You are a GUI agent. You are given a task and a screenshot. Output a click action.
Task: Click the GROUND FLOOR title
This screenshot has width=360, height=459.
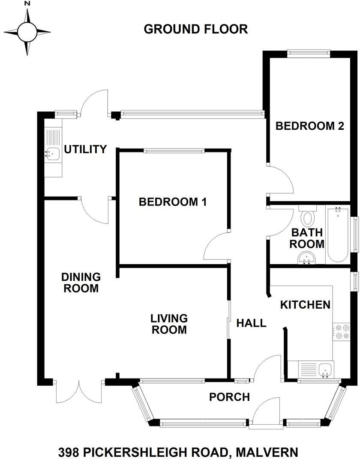(195, 29)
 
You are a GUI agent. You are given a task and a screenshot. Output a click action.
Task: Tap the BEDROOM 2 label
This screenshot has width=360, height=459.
(310, 126)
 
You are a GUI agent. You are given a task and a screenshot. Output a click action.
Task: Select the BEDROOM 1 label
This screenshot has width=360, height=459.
(173, 202)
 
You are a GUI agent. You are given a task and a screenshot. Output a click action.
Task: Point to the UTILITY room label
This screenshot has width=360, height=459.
(85, 149)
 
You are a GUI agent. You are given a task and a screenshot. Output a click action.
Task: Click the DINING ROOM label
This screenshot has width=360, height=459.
(81, 283)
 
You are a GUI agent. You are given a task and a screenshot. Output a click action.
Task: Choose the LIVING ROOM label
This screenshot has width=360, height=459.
(169, 324)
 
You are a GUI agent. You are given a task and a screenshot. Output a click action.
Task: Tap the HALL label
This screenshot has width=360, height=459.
(252, 323)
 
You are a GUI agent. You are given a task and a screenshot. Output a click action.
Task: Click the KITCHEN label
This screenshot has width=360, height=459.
(305, 305)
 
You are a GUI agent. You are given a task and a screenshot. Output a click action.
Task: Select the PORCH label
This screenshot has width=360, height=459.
(229, 397)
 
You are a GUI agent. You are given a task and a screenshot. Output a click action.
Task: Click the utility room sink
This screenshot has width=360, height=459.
(52, 153)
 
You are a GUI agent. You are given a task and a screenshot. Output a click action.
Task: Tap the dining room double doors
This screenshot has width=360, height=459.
(79, 390)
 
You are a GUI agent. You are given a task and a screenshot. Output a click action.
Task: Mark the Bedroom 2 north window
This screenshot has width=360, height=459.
(309, 54)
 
